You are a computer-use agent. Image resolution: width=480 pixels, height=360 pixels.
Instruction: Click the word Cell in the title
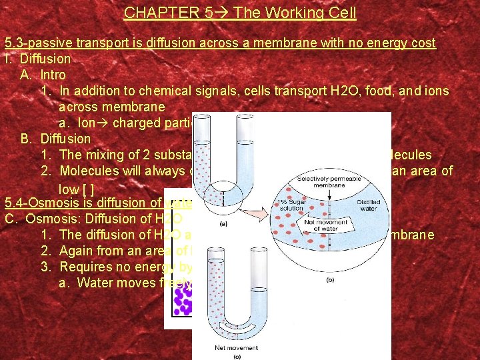coord(341,13)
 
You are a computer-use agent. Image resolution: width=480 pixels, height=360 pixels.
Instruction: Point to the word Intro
coord(53,75)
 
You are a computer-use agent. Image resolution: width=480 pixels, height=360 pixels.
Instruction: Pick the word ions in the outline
coord(437,91)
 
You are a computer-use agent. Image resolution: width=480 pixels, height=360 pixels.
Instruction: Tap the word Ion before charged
coord(87,123)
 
